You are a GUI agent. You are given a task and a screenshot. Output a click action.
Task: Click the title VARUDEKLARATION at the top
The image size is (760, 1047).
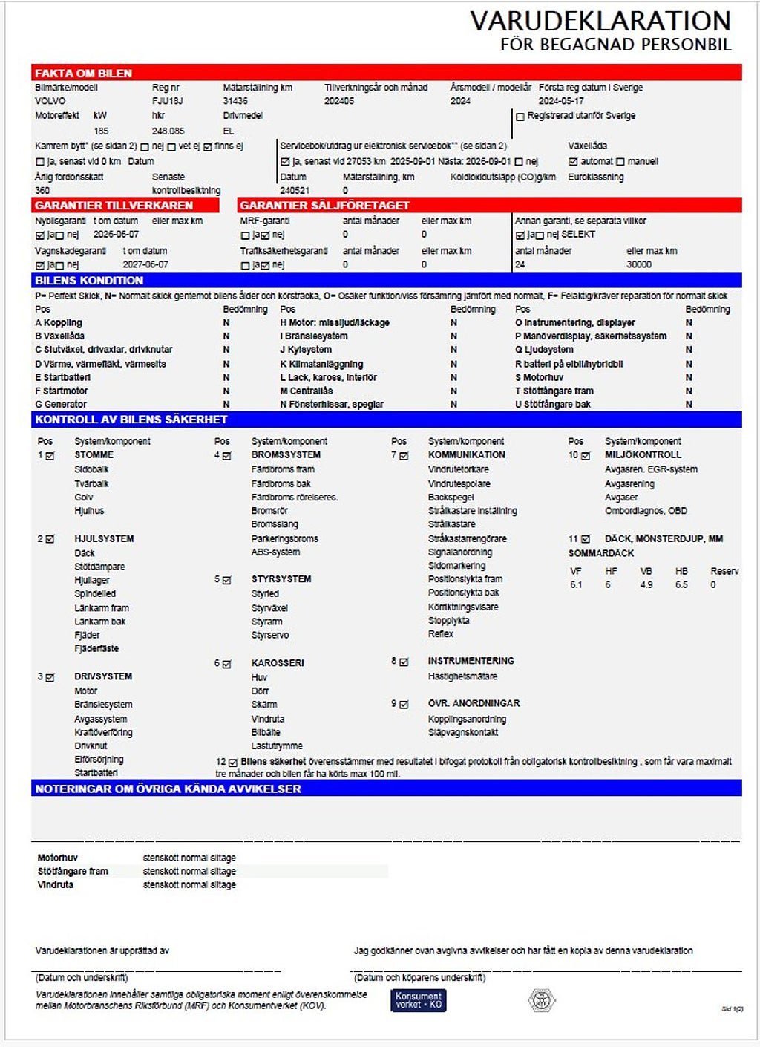[x=600, y=21]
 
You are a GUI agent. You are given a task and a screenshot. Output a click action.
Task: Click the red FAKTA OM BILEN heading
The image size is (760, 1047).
[x=83, y=73]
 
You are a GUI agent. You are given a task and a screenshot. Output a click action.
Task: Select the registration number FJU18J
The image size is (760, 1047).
[x=167, y=101]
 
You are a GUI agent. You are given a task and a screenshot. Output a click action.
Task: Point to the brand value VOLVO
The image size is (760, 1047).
[x=50, y=101]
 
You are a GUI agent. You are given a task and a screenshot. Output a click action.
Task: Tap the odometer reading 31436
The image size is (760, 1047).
[x=235, y=101]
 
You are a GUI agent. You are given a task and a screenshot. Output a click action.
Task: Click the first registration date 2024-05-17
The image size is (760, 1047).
[x=561, y=101]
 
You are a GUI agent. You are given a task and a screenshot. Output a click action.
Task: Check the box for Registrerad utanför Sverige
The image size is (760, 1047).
[x=520, y=117]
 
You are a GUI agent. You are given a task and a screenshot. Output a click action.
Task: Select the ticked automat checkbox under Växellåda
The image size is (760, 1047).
[x=573, y=162]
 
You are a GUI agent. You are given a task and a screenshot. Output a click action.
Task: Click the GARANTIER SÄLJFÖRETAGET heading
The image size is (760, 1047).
[x=324, y=205]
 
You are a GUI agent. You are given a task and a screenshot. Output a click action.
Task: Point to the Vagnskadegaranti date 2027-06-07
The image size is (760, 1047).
[x=145, y=264]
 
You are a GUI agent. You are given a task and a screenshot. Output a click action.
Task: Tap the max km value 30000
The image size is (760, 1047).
[x=638, y=264]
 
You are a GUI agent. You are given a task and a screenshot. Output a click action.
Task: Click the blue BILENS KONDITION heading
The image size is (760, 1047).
[x=89, y=280]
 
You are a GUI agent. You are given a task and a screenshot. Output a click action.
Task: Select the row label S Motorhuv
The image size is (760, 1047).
[x=539, y=377]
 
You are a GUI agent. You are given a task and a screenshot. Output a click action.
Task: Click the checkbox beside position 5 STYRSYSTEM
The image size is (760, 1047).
[x=227, y=580]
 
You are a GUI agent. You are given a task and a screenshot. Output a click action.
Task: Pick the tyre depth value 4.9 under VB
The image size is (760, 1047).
[x=646, y=585]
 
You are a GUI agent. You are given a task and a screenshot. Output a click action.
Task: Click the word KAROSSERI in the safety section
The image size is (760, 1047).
[x=278, y=663]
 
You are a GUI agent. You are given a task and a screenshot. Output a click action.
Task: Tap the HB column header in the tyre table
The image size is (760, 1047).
[x=681, y=572]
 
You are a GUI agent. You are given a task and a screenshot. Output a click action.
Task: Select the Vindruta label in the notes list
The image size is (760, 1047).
[x=56, y=885]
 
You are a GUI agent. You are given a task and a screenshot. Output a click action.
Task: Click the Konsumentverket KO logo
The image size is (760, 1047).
[x=419, y=1000]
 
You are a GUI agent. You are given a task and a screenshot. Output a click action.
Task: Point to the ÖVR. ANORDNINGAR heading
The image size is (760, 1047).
[x=474, y=703]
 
